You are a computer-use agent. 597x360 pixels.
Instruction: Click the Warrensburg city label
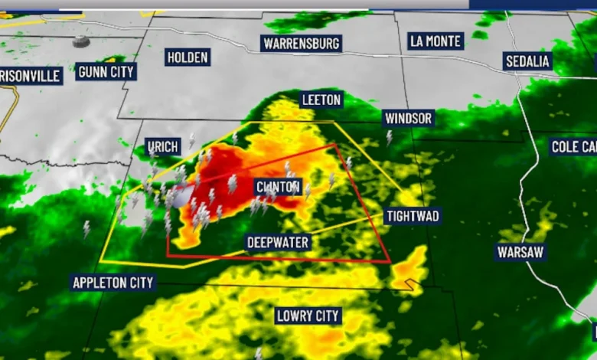(x=301, y=43)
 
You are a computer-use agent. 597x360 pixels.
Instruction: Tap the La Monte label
(x=436, y=41)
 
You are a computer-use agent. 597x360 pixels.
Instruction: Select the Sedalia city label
(x=528, y=61)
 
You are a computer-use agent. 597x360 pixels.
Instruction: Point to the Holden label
(x=188, y=57)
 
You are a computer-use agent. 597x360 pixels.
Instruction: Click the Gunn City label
(x=106, y=72)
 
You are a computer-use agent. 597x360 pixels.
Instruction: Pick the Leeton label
(x=321, y=100)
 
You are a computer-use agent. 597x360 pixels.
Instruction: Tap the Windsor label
(x=409, y=118)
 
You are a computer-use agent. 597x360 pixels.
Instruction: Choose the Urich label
(x=162, y=146)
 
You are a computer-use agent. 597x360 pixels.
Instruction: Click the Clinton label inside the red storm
(x=278, y=187)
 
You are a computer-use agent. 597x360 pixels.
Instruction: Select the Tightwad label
(x=412, y=216)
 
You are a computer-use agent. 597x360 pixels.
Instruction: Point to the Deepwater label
(x=278, y=243)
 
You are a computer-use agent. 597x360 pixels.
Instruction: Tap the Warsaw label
(x=520, y=252)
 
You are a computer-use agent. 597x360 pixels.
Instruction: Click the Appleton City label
(x=113, y=283)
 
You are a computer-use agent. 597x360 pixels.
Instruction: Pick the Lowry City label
(x=308, y=316)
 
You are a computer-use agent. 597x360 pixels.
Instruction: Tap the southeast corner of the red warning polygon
(x=390, y=263)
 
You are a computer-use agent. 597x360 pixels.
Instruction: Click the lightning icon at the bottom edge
(x=259, y=352)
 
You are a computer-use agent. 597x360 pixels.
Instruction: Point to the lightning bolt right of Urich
(x=191, y=141)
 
